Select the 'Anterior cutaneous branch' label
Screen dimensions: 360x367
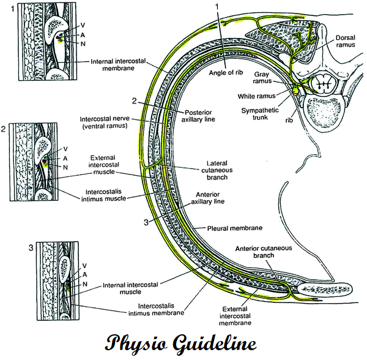[x=267, y=252]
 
